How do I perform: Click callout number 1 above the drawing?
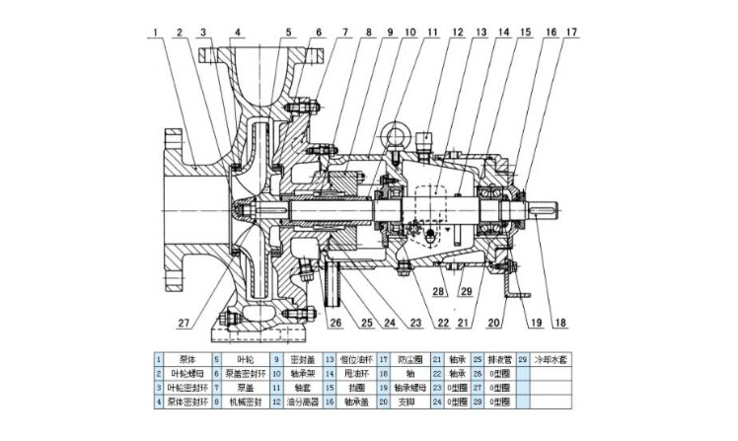[x=158, y=33]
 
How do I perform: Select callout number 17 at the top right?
[x=569, y=33]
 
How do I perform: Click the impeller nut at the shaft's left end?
[x=239, y=208]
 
